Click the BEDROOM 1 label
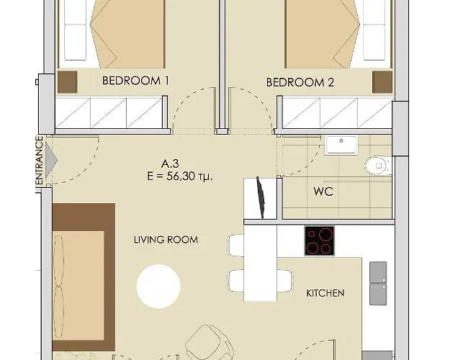point(135,81)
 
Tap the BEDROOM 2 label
point(300,82)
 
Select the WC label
point(323,192)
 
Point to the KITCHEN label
point(325,293)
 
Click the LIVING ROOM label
point(166,240)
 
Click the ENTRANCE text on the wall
point(39,161)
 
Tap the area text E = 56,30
point(180,176)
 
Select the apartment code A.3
point(170,163)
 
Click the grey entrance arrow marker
point(51,160)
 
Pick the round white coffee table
point(158,287)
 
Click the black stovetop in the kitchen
point(320,240)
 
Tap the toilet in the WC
point(377,166)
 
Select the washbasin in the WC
point(341,145)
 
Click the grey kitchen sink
point(378,283)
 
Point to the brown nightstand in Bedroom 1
point(67,82)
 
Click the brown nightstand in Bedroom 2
point(382,82)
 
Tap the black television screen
point(261,197)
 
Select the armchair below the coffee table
point(210,342)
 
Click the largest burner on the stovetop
point(326,234)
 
